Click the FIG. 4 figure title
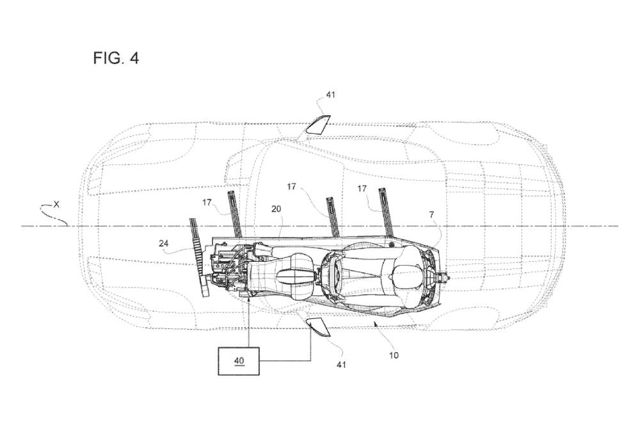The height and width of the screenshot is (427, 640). pyautogui.click(x=116, y=58)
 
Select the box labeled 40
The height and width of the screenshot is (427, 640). pyautogui.click(x=239, y=361)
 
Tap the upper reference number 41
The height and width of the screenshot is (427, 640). pyautogui.click(x=331, y=95)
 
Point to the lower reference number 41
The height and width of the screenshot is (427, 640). pyautogui.click(x=341, y=364)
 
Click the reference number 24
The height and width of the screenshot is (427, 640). pyautogui.click(x=164, y=244)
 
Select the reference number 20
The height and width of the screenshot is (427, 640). pyautogui.click(x=276, y=209)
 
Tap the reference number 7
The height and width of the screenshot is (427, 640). pyautogui.click(x=431, y=214)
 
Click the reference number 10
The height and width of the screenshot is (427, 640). pyautogui.click(x=394, y=355)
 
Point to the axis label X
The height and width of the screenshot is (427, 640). pyautogui.click(x=56, y=204)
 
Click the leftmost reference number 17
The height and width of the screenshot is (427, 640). pyautogui.click(x=207, y=202)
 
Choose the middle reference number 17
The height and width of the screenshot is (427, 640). pyautogui.click(x=291, y=187)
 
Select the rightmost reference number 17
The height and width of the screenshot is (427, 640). pyautogui.click(x=362, y=189)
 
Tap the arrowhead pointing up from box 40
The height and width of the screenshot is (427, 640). pyautogui.click(x=249, y=301)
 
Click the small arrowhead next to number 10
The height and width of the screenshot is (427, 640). pyautogui.click(x=374, y=323)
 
